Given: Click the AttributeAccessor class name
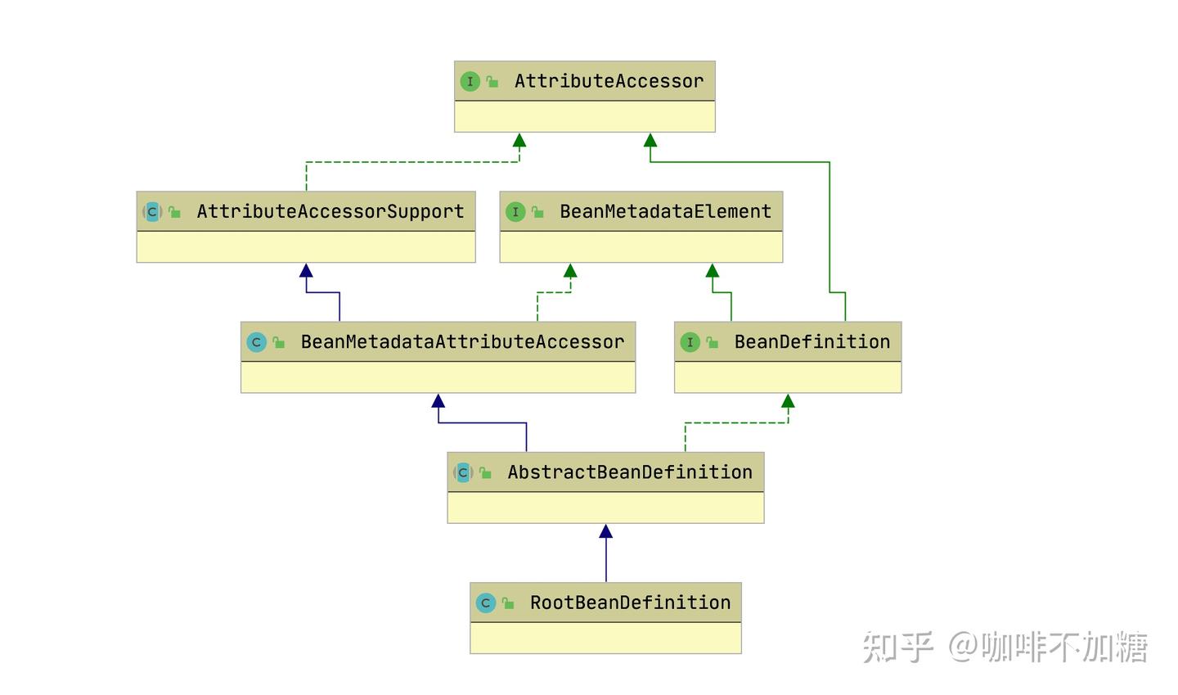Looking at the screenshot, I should coord(609,81).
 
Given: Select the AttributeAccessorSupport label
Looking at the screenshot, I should coord(330,211).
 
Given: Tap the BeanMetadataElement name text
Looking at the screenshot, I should coord(665,211).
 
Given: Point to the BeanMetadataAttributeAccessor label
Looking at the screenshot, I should coord(462,341).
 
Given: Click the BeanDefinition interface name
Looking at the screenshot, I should coord(812,341).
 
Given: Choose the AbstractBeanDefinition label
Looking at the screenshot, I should coord(630,472).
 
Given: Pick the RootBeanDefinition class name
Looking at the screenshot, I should coord(630,602).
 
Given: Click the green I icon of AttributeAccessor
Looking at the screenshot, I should coord(470,81).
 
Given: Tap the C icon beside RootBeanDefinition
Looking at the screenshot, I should coord(485,603).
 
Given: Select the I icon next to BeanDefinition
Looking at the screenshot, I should coord(690,342).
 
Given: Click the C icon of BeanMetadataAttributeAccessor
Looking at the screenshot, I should coord(256,342).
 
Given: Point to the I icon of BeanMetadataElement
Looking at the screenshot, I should coord(515,212).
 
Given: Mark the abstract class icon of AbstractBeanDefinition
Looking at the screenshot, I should coord(463,472).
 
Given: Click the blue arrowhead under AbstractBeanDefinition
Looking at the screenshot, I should coord(605,531).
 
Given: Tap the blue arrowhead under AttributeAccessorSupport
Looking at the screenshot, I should coord(306,270).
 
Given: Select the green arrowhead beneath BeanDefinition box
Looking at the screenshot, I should coord(788,401).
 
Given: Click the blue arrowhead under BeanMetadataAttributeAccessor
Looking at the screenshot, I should coord(438,401).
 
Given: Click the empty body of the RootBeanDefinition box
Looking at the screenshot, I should coord(605,638).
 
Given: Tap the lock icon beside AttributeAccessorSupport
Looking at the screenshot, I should coord(174,212).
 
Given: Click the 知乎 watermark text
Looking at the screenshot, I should coord(897,647).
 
